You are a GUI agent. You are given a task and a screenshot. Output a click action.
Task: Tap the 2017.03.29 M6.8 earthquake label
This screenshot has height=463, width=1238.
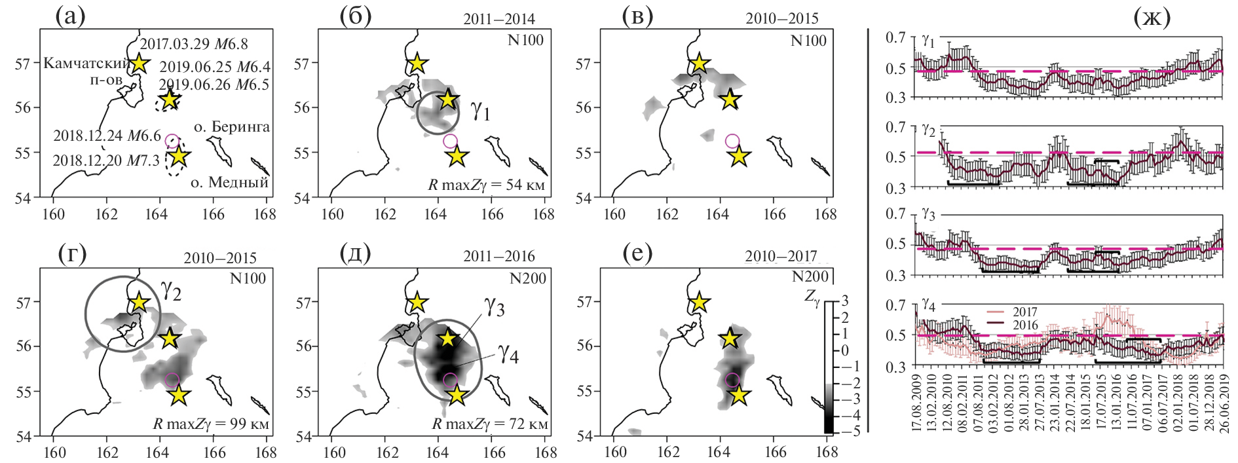tap(194, 44)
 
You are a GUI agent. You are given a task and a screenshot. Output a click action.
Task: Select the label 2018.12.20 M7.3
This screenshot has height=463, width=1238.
tap(106, 160)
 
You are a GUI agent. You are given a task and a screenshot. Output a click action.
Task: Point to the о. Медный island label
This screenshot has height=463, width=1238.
tap(229, 182)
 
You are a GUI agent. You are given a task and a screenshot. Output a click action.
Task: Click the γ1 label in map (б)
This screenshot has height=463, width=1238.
tap(480, 112)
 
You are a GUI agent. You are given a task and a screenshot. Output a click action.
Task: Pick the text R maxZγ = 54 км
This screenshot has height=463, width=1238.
tap(486, 185)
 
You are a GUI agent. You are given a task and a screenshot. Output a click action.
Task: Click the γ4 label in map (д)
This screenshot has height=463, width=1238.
tap(508, 354)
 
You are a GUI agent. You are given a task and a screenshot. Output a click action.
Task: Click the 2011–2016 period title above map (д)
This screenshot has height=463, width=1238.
tap(499, 256)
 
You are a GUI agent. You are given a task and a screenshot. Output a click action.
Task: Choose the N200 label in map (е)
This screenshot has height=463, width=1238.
tap(810, 278)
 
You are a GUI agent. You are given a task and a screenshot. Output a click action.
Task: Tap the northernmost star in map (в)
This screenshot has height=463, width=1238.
tap(700, 64)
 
